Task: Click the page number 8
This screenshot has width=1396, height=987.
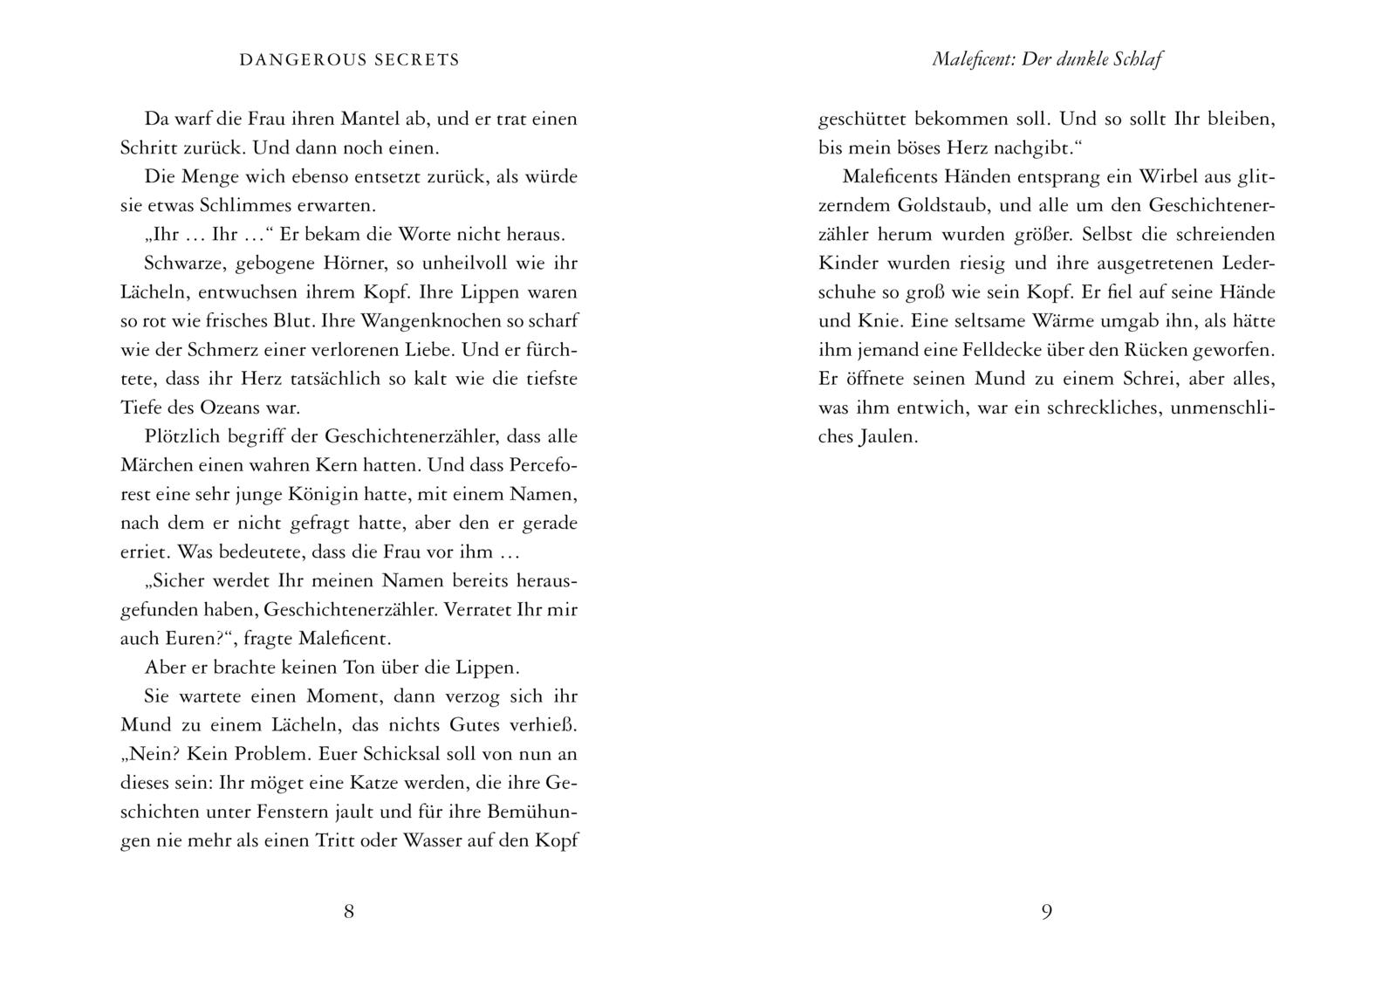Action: click(349, 912)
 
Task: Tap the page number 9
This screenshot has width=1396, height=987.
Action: click(1047, 912)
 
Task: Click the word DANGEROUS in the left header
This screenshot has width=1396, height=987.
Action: click(293, 60)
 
